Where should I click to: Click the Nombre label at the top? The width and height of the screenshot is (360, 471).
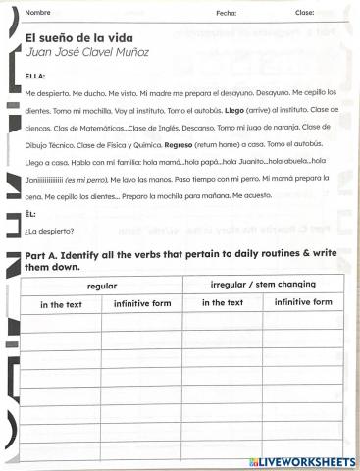38,13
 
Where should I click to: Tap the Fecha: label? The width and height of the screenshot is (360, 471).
226,13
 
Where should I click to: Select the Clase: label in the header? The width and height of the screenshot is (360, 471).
304,13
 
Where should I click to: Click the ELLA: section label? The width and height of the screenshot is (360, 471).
35,76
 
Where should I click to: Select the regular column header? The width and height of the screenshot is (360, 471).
102,286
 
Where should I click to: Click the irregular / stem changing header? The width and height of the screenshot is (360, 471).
263,285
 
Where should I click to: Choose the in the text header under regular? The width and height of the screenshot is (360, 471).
61,304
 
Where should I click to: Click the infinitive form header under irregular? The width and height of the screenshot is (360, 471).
303,302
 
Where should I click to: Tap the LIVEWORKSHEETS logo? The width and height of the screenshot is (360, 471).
303,460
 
